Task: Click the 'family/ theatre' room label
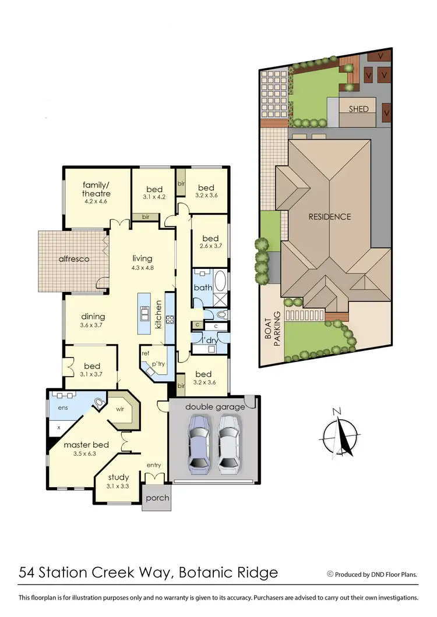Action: [x=96, y=189]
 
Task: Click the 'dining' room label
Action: [x=93, y=317]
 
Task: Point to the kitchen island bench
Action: [x=143, y=314]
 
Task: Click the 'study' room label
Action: [x=118, y=478]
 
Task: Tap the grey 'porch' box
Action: [x=157, y=498]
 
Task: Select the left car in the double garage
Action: [x=199, y=442]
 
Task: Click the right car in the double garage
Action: [x=229, y=442]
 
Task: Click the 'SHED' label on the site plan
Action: [x=358, y=109]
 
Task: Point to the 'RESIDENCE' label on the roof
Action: [x=330, y=217]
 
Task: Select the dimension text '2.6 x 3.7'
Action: [x=210, y=246]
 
